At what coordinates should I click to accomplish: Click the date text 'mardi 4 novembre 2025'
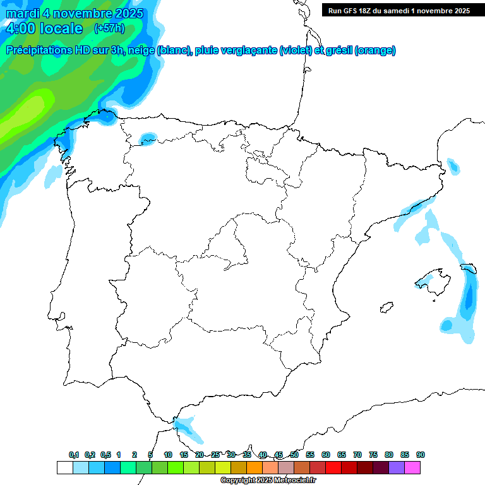point(75,13)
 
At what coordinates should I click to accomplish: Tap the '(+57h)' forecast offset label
point(109,28)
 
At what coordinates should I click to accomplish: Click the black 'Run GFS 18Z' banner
point(399,10)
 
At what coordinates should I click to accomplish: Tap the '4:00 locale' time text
point(44,28)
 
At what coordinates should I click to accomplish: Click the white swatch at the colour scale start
point(64,467)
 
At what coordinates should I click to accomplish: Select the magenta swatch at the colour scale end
point(412,467)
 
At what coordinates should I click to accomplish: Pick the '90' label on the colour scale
point(420,455)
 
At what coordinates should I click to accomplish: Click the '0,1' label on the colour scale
point(74,455)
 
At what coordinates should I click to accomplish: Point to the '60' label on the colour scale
point(325,455)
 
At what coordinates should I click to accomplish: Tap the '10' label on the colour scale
point(168,455)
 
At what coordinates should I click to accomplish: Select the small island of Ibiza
point(385,308)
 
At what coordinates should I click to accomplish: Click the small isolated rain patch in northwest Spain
point(148,138)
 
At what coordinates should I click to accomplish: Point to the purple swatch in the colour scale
point(397,467)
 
